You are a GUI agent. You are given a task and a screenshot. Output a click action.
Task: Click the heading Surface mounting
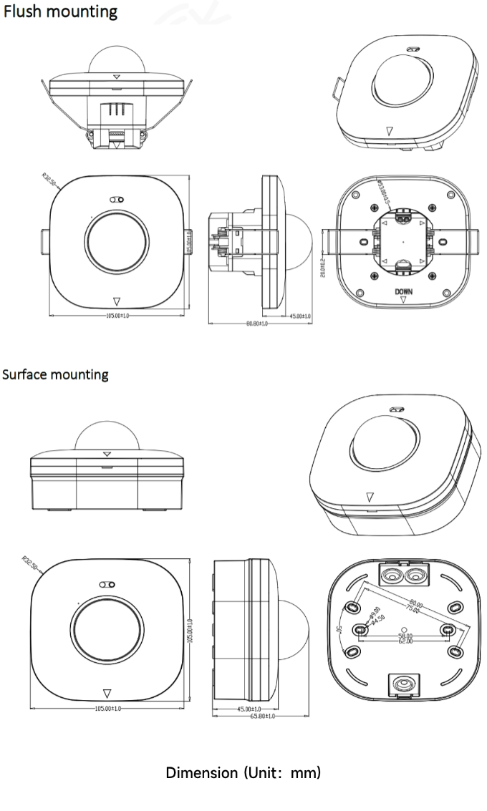(56, 374)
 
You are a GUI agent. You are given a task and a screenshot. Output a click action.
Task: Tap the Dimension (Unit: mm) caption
(243, 773)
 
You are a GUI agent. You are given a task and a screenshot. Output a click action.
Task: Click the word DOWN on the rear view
(403, 292)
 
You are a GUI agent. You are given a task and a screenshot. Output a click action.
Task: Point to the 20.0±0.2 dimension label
(323, 266)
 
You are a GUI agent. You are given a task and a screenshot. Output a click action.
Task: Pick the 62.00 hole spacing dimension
(406, 641)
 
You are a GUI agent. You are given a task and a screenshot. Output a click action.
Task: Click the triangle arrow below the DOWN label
(403, 301)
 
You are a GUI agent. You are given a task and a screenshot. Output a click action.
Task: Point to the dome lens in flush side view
(302, 243)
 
